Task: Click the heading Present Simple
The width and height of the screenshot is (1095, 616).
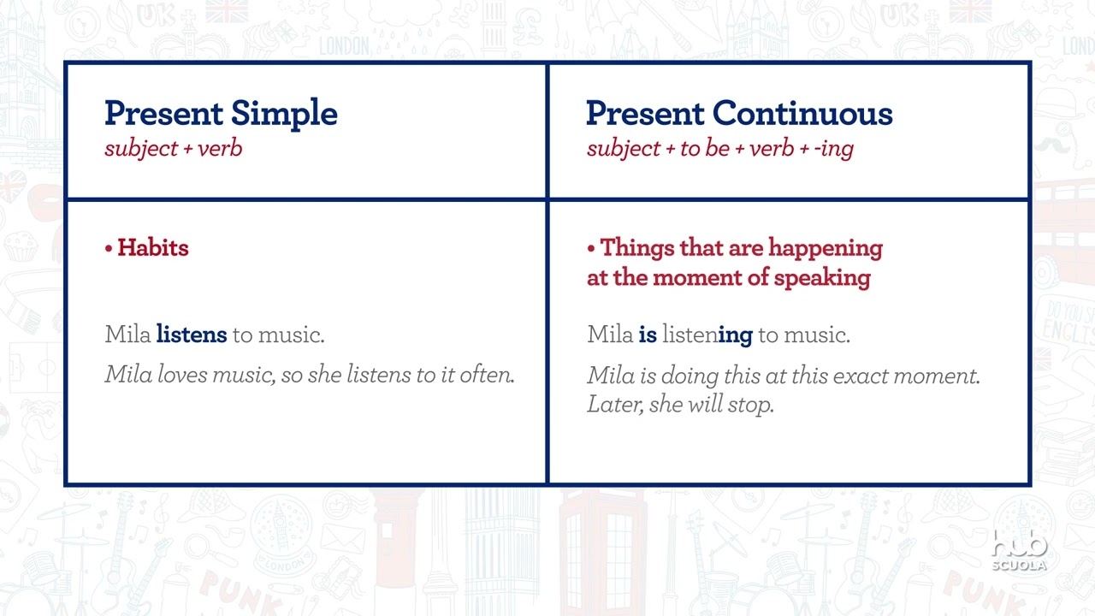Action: [x=221, y=114]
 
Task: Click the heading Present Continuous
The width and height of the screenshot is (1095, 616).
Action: [x=739, y=114]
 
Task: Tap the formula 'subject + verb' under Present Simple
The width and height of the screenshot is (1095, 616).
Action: [x=174, y=148]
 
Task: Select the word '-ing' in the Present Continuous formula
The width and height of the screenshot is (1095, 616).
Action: [x=834, y=148]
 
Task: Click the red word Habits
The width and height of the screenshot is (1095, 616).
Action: [x=152, y=248]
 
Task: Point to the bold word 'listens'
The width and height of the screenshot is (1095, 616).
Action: [x=192, y=335]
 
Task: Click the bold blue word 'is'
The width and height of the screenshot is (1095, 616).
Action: [x=648, y=335]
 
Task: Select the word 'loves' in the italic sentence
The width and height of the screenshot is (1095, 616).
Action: [x=183, y=375]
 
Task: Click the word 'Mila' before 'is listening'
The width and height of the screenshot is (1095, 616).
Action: [x=610, y=335]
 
